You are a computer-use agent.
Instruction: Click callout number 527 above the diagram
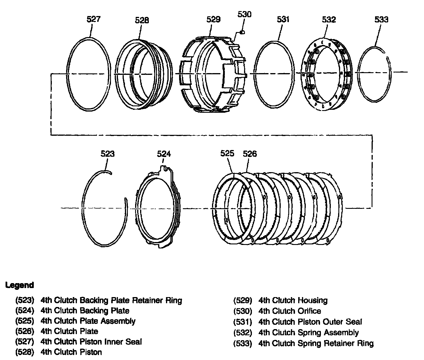(x=93, y=19)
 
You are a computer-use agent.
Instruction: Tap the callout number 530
(x=244, y=14)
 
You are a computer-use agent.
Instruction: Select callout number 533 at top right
(x=381, y=20)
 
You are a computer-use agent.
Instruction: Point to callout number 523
(x=107, y=153)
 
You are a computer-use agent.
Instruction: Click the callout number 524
(x=164, y=153)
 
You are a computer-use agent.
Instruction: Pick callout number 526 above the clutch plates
(x=250, y=153)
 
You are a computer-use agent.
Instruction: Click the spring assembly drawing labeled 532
(x=326, y=74)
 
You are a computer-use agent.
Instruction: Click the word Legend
(x=20, y=285)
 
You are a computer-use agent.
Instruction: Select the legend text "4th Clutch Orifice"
(x=289, y=311)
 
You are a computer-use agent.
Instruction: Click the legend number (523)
(x=25, y=300)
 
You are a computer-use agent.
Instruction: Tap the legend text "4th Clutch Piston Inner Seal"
(x=91, y=341)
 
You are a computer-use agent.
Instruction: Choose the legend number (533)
(x=243, y=343)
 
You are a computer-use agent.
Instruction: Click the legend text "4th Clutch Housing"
(x=293, y=300)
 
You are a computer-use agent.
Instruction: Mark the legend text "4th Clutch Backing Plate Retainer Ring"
(x=111, y=300)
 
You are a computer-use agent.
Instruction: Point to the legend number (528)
(x=25, y=352)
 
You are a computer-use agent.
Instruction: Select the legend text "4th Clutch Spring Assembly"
(x=308, y=333)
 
